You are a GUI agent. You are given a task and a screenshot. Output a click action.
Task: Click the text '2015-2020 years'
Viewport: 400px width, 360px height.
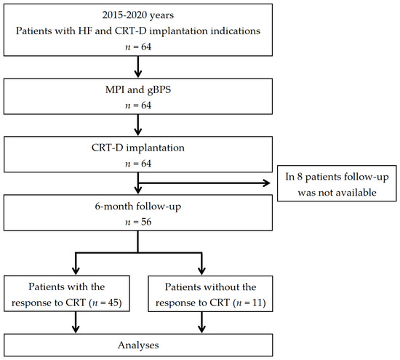pos(138,16)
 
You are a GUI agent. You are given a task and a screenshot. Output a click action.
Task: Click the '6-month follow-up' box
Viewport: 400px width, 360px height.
pos(138,211)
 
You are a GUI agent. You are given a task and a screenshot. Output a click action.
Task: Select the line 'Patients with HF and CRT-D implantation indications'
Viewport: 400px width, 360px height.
pos(138,33)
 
